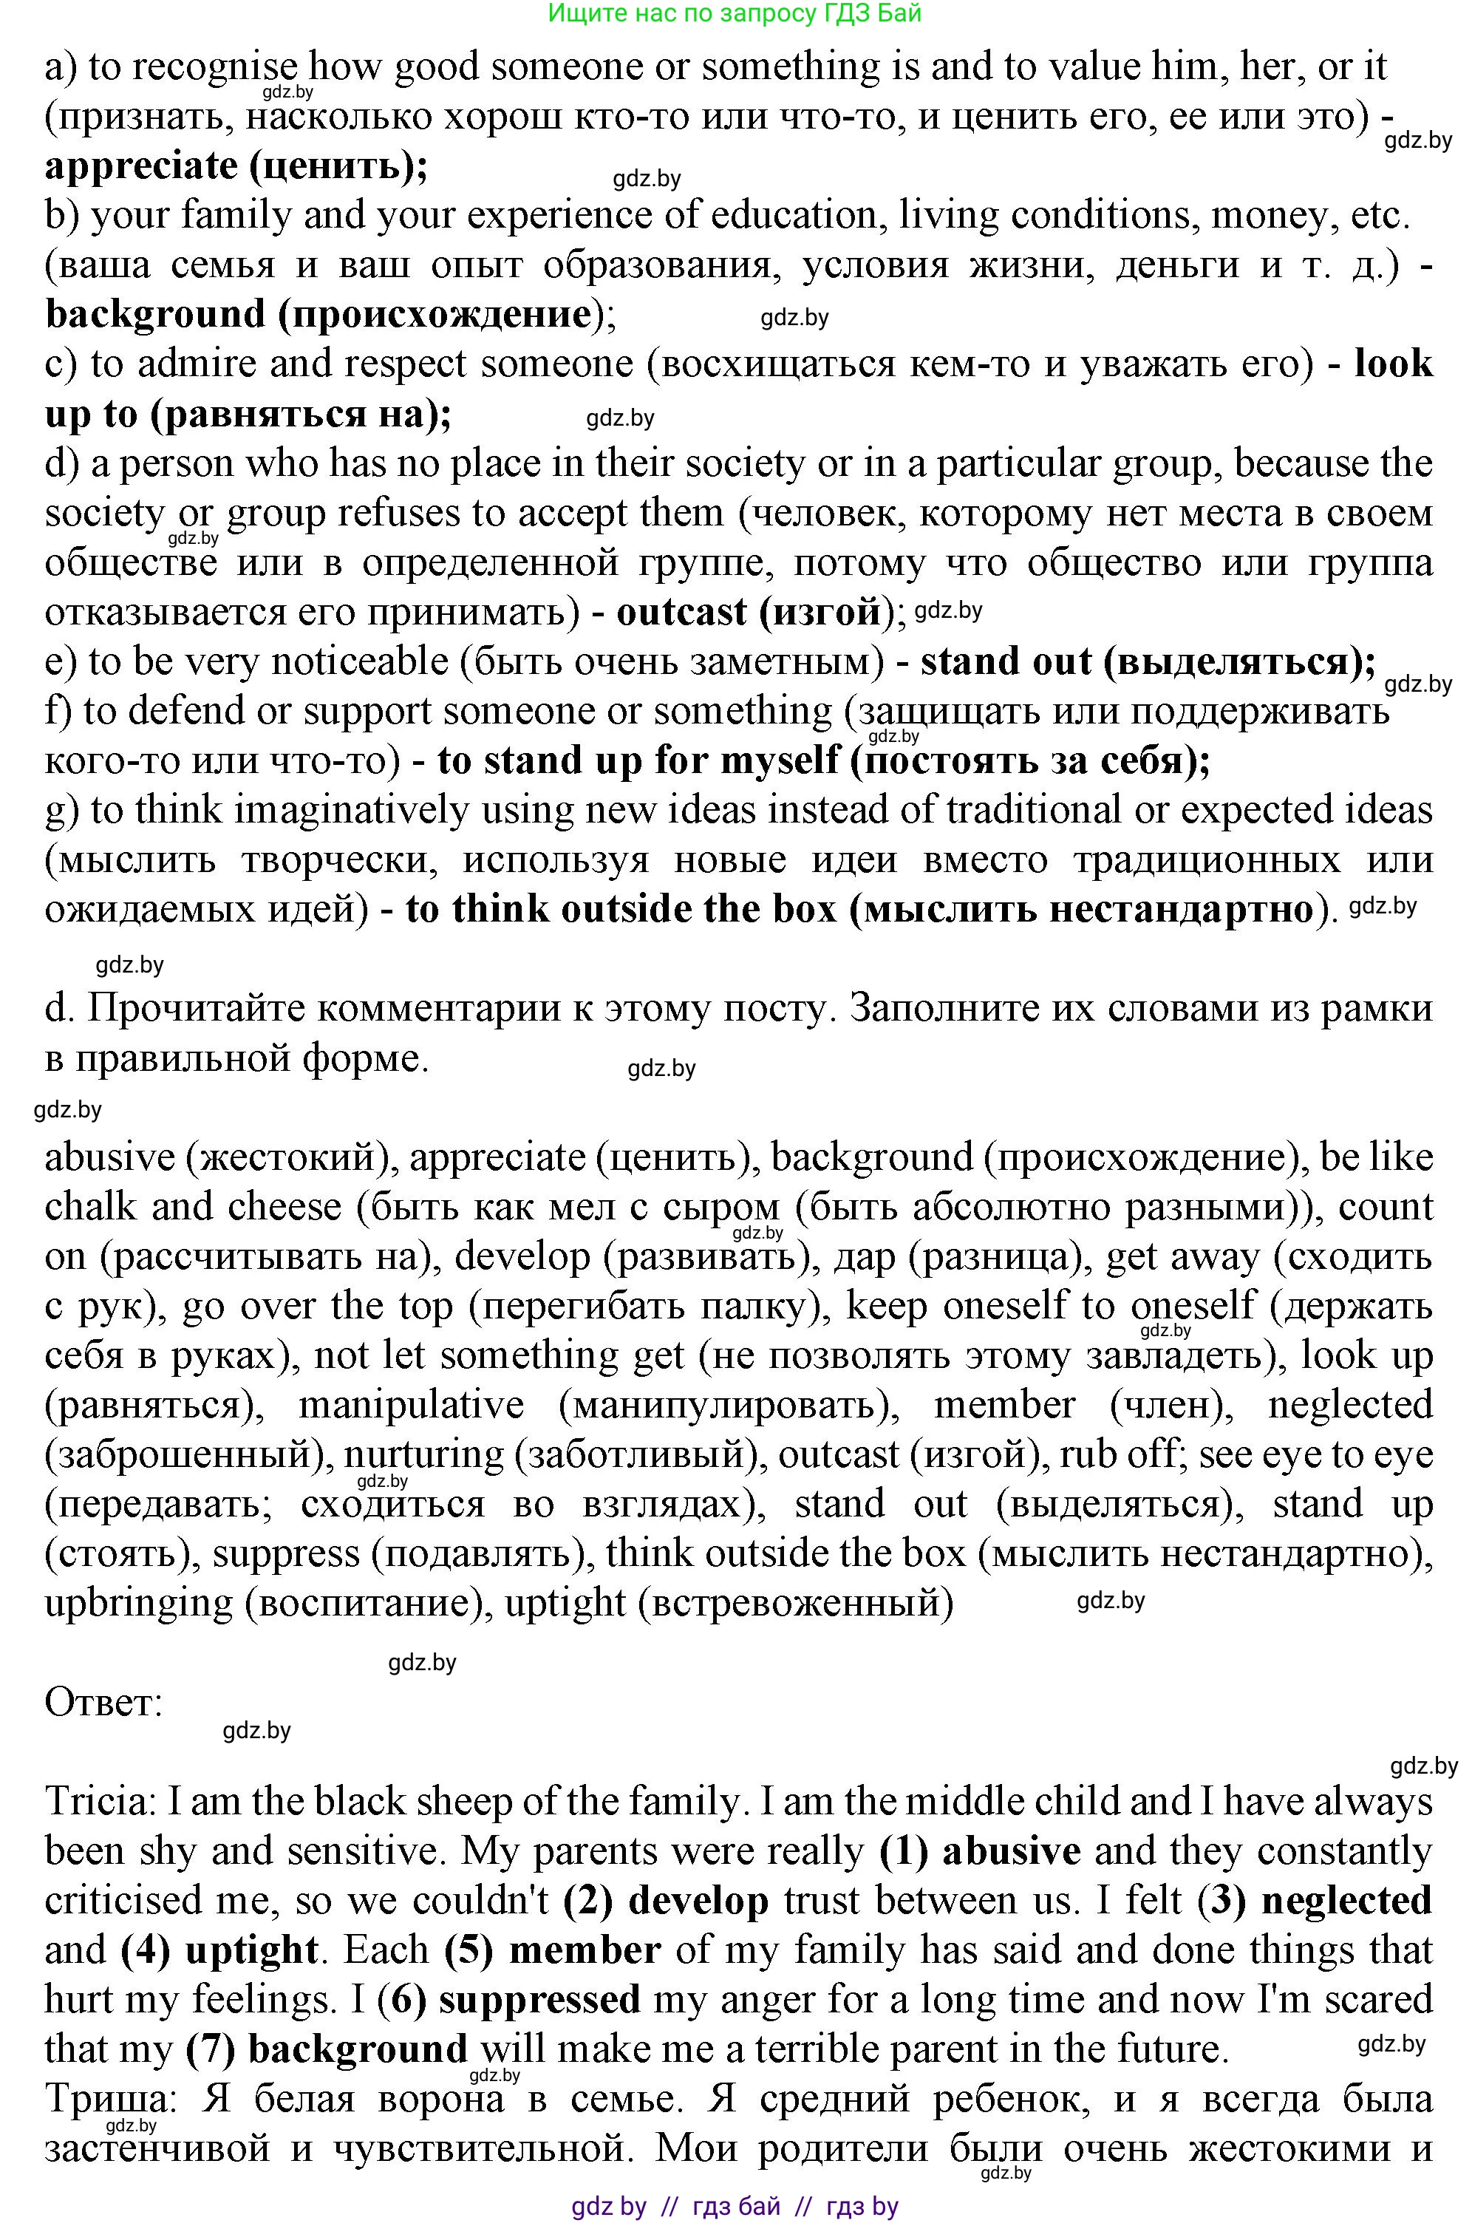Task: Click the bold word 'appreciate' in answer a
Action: coord(141,166)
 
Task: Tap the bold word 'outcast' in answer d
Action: coord(681,612)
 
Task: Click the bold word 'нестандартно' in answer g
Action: coord(1181,910)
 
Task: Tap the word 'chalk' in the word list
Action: coord(90,1206)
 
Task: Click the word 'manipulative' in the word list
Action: coord(411,1406)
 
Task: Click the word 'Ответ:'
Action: coord(104,1702)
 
